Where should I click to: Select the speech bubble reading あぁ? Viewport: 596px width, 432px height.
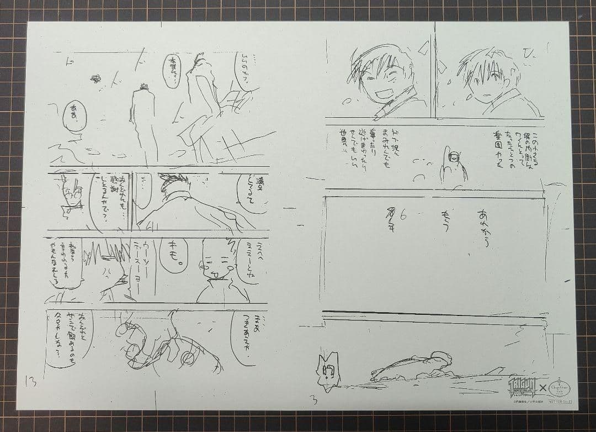click(73, 115)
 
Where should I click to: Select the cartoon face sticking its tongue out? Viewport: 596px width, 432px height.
click(215, 267)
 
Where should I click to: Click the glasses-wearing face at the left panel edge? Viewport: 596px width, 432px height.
click(70, 196)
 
